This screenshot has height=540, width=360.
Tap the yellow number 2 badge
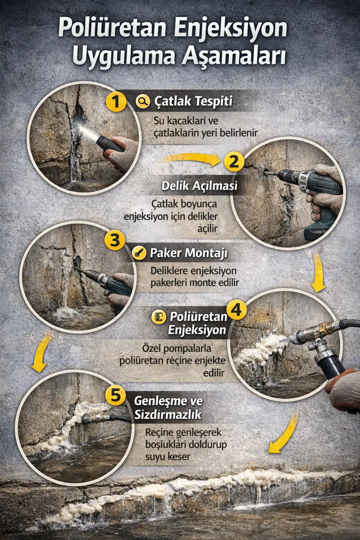coord(234,161)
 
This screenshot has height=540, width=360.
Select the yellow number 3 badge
coord(115,240)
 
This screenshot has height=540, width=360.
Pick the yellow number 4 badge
coord(236,310)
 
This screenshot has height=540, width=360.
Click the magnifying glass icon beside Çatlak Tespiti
coord(143,101)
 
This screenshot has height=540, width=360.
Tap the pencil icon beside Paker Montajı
coord(139,253)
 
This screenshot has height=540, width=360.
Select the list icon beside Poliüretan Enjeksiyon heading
coord(159,316)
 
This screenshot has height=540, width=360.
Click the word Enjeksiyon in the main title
coord(230,28)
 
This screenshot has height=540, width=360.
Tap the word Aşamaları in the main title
coord(233,56)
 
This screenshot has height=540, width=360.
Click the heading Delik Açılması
coord(199,186)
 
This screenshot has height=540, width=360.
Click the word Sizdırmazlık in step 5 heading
coord(168,415)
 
